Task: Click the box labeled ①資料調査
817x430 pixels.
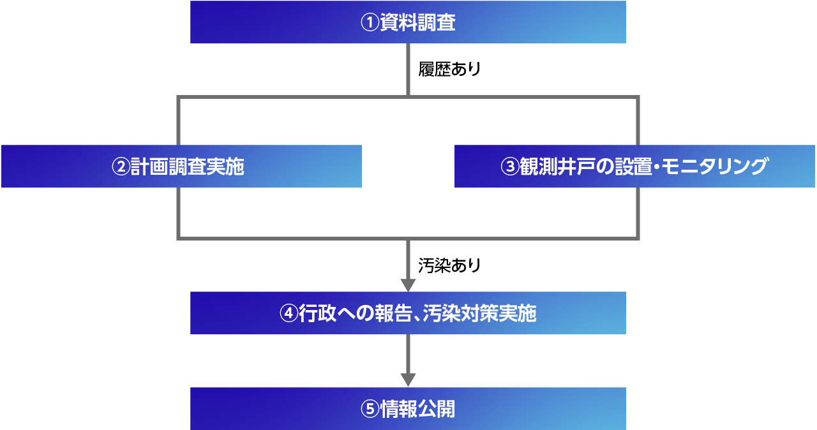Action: pyautogui.click(x=408, y=22)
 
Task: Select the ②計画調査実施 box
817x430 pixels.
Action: pyautogui.click(x=181, y=167)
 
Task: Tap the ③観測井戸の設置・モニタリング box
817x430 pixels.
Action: pyautogui.click(x=634, y=167)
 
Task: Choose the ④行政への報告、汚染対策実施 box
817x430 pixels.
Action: pyautogui.click(x=408, y=313)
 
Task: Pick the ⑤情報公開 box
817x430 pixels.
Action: pyautogui.click(x=408, y=409)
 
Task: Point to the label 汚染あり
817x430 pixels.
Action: pyautogui.click(x=449, y=265)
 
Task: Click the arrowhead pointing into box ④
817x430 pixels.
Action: pyautogui.click(x=408, y=285)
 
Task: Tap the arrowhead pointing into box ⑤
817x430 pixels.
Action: pyautogui.click(x=408, y=380)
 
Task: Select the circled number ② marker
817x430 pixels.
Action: pyautogui.click(x=121, y=167)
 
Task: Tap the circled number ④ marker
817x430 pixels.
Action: pyautogui.click(x=289, y=314)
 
